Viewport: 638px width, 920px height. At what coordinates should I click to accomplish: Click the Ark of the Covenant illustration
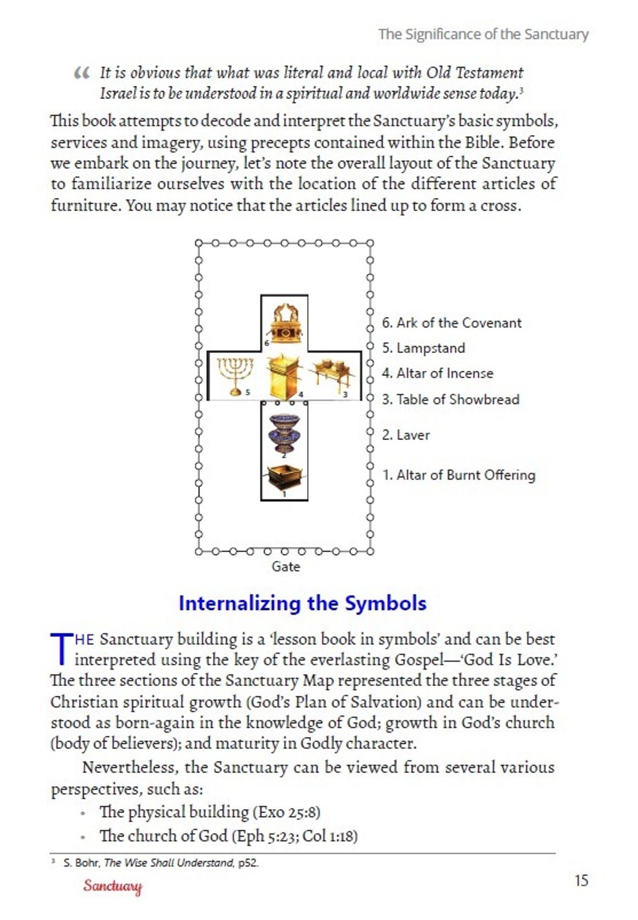285,322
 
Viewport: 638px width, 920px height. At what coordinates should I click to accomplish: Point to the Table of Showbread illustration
333,375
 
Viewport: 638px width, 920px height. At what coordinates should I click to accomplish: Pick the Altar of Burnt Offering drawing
284,478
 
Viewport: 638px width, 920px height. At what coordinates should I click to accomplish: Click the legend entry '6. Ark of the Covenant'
451,322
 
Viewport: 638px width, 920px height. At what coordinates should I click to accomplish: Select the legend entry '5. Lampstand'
423,348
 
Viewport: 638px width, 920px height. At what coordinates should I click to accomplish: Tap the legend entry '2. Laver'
406,435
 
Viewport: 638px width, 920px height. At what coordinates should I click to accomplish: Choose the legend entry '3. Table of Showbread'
450,400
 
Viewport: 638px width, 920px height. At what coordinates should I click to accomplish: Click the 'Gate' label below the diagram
285,566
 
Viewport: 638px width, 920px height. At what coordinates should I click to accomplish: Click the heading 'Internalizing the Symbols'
302,603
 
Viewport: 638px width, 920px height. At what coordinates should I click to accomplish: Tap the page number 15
581,880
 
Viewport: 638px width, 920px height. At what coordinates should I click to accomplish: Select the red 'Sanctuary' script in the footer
113,886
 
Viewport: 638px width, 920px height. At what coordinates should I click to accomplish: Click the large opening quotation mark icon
82,73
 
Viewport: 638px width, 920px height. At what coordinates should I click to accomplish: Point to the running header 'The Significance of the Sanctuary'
483,34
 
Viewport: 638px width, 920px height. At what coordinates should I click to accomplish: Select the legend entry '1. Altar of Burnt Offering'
458,475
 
